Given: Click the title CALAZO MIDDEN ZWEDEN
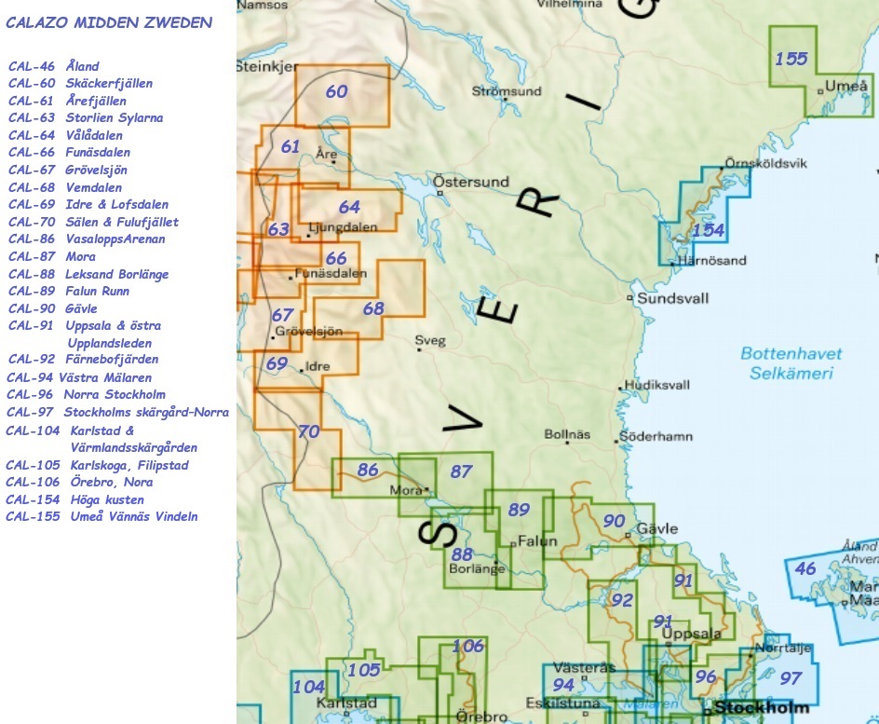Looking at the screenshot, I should (109, 22).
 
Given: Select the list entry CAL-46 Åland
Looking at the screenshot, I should (54, 66).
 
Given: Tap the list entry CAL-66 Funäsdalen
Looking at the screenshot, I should (69, 152).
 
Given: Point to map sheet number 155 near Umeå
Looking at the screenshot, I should (791, 59).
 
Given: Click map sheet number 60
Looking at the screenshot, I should (336, 91).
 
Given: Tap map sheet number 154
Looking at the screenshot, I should (709, 230).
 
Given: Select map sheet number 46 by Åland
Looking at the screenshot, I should (805, 568).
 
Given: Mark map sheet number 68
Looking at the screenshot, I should (372, 308).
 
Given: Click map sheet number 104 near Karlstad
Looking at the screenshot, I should (309, 687).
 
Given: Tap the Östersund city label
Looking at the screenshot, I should (472, 182).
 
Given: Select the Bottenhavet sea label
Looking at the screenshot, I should (791, 354).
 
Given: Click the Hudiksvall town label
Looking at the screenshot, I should (657, 385).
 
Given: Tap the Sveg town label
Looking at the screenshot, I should (430, 340).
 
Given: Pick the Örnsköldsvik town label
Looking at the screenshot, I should (766, 163).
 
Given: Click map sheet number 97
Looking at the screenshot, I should (790, 678).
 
